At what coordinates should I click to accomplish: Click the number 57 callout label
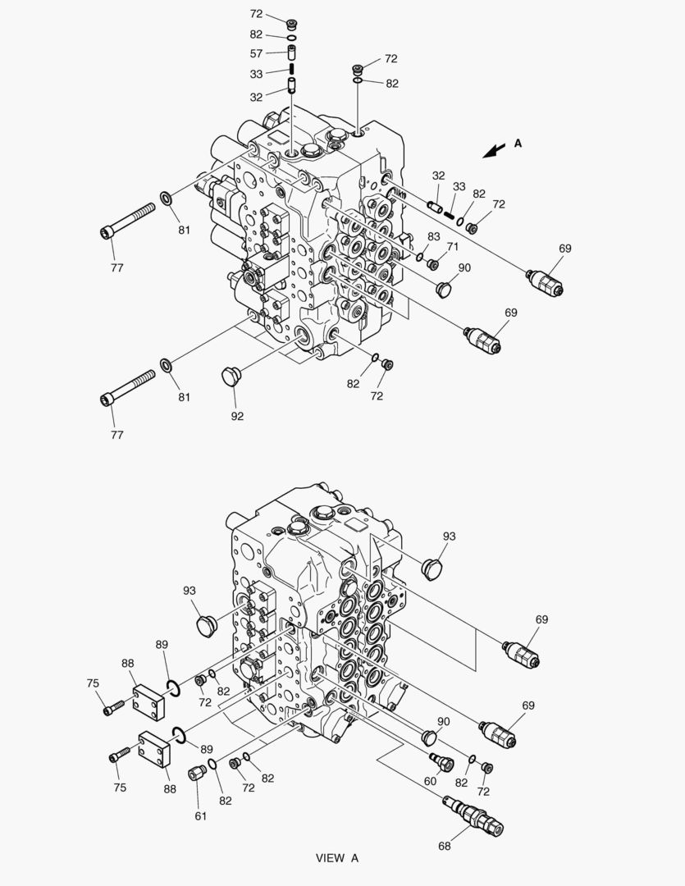[x=256, y=53]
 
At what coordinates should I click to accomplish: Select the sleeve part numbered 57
[x=292, y=53]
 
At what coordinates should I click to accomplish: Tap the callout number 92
[x=237, y=416]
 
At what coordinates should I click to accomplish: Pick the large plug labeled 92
[x=230, y=377]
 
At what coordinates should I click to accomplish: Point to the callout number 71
[x=452, y=246]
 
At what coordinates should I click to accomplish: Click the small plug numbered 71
[x=434, y=264]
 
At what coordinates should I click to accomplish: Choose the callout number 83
[x=433, y=236]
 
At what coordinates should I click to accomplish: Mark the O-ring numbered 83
[x=419, y=258]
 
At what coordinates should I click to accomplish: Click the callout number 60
[x=430, y=781]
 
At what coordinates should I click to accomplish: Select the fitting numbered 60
[x=441, y=762]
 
